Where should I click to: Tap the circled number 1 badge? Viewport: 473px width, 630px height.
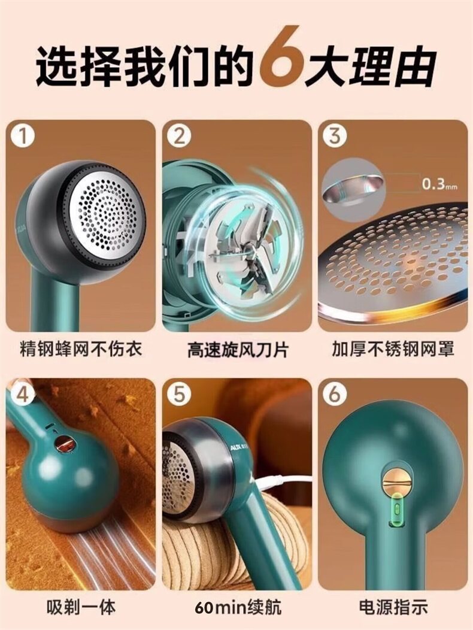point(23,137)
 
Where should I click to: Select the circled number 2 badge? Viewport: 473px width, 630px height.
point(179,137)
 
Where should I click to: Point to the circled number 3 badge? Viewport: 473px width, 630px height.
point(335,137)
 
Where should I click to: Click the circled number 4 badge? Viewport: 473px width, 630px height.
point(23,394)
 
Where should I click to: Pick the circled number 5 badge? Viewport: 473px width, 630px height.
point(179,394)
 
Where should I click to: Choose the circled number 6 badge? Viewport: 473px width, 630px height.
point(335,394)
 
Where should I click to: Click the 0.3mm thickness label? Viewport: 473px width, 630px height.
point(439,185)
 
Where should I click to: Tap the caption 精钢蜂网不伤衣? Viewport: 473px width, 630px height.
point(81,349)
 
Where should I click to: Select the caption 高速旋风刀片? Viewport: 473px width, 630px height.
point(238,350)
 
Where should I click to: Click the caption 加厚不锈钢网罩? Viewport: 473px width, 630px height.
point(393,349)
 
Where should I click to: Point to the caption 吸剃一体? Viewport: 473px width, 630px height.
point(81,606)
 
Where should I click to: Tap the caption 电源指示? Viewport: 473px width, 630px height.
point(393,606)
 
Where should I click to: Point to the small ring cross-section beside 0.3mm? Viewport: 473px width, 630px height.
point(353,184)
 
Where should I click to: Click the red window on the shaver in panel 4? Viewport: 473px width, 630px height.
point(65,445)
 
